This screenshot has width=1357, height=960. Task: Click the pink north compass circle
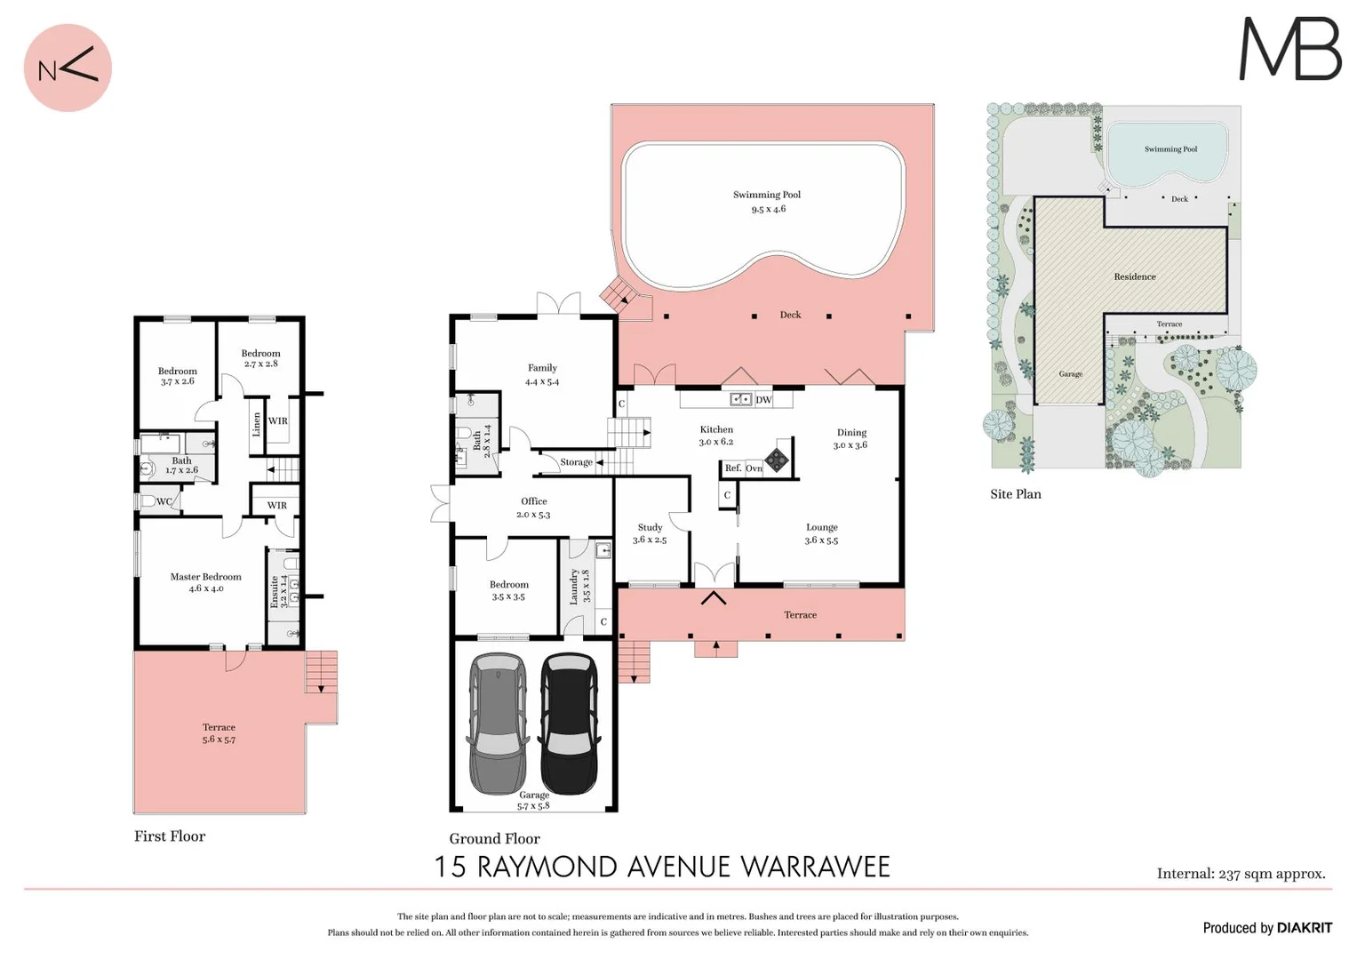click(x=68, y=68)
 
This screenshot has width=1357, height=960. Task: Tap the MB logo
click(x=1289, y=50)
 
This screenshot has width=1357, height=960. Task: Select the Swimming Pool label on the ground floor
click(x=766, y=195)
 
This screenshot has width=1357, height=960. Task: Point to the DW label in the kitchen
click(x=763, y=400)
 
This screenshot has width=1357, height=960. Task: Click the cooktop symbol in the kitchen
click(x=777, y=459)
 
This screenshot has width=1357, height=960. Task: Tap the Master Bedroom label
click(x=205, y=577)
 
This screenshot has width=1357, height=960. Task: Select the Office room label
click(x=533, y=501)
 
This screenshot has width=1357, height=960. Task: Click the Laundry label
click(x=574, y=587)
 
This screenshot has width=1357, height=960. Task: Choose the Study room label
click(x=650, y=527)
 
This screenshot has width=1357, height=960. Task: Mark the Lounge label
click(x=821, y=527)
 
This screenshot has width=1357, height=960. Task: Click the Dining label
click(x=850, y=433)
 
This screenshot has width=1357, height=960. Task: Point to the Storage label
click(x=576, y=462)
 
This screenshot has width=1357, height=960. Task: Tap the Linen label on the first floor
click(x=257, y=424)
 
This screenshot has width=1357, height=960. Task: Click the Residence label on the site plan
click(x=1135, y=276)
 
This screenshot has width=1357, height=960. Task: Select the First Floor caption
click(x=170, y=836)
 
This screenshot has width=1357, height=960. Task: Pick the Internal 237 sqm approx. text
click(x=1241, y=874)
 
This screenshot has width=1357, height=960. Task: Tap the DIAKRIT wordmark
click(x=1305, y=928)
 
